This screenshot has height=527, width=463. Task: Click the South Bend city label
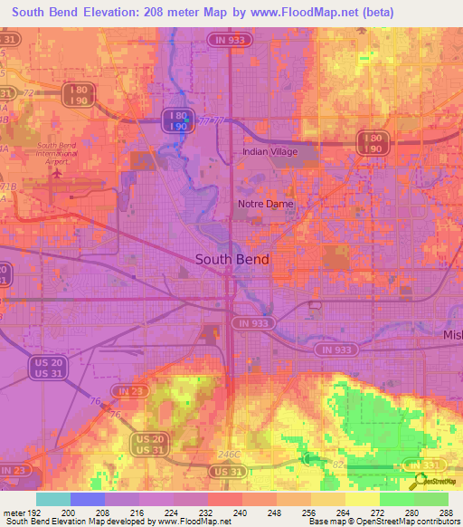click(x=232, y=259)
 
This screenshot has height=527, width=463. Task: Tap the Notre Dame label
click(x=265, y=205)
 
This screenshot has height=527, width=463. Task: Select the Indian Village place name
click(x=269, y=152)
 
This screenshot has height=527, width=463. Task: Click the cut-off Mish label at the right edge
click(x=451, y=335)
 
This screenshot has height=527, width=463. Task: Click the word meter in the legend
click(x=14, y=511)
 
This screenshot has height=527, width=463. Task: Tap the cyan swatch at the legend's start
click(x=52, y=498)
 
